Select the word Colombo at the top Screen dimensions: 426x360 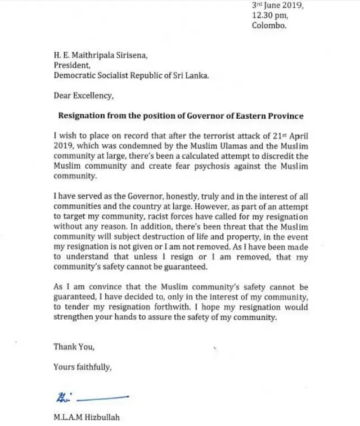point(269,25)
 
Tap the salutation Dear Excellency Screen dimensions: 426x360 point(83,96)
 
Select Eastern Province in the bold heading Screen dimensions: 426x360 point(270,116)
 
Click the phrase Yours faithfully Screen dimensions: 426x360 point(82,367)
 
